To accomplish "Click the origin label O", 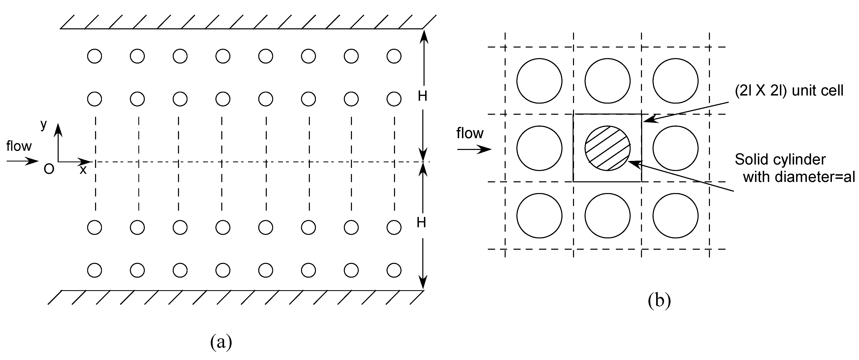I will [x=49, y=170].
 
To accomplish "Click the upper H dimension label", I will [x=423, y=96].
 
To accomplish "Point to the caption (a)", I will [x=221, y=342].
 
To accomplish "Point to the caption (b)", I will [x=659, y=300].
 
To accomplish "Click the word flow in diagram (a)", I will [x=19, y=146].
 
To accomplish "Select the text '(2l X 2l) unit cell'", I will [x=789, y=90].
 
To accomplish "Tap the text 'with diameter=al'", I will [x=799, y=177].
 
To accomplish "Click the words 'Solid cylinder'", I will [x=780, y=159].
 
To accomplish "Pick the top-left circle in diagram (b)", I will [x=539, y=81].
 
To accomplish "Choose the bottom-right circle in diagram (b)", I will [x=675, y=216].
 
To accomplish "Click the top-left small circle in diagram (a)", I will [x=94, y=56].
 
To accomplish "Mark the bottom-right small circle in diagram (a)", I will [x=394, y=270].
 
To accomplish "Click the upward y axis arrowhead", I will [x=58, y=128].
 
